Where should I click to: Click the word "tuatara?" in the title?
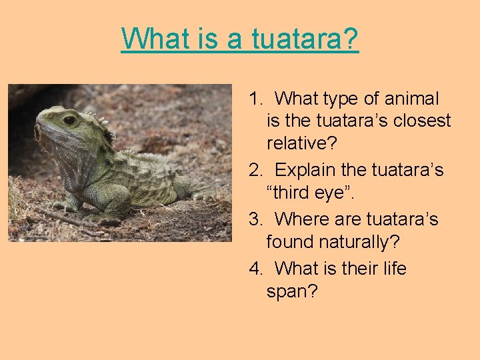tap(305, 39)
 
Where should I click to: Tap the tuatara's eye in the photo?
tap(69, 120)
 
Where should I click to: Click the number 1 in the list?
tap(253, 99)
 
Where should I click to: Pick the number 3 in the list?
tap(254, 219)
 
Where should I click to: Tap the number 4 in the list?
tap(254, 269)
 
